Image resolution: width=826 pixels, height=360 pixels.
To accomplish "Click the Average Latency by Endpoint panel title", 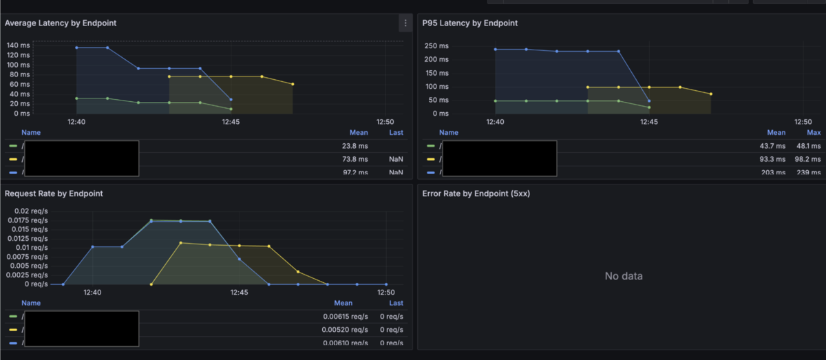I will pyautogui.click(x=61, y=23).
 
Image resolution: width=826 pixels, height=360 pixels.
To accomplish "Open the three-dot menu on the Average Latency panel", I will pyautogui.click(x=405, y=23).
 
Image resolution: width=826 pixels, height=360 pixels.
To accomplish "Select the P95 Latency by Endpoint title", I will pyautogui.click(x=470, y=23).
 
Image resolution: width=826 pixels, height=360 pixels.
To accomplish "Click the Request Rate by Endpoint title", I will pyautogui.click(x=54, y=194).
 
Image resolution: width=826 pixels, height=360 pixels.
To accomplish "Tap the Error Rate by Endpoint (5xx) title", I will pyautogui.click(x=476, y=194).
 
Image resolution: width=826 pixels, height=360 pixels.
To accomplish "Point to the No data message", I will pyautogui.click(x=624, y=276).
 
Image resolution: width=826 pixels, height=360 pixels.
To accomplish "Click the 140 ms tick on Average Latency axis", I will pyautogui.click(x=19, y=45).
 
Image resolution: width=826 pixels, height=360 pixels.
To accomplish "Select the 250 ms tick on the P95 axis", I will pyautogui.click(x=436, y=46).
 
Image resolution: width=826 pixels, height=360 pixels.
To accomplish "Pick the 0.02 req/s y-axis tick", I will pyautogui.click(x=26, y=211).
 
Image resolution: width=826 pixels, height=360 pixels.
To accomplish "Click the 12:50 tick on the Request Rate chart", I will pyautogui.click(x=385, y=293).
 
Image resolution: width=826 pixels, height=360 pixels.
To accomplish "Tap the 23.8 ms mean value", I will pyautogui.click(x=355, y=146).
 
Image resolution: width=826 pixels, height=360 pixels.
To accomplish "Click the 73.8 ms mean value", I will pyautogui.click(x=355, y=159).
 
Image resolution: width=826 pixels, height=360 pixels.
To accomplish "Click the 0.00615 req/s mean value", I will pyautogui.click(x=346, y=317).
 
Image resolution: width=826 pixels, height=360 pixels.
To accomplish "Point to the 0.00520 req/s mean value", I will pyautogui.click(x=346, y=330).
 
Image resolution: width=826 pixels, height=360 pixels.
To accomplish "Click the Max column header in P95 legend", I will pyautogui.click(x=814, y=133).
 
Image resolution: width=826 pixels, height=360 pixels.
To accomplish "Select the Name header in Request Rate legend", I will pyautogui.click(x=31, y=303).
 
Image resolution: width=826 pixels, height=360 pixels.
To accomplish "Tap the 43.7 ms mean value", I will pyautogui.click(x=773, y=146).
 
